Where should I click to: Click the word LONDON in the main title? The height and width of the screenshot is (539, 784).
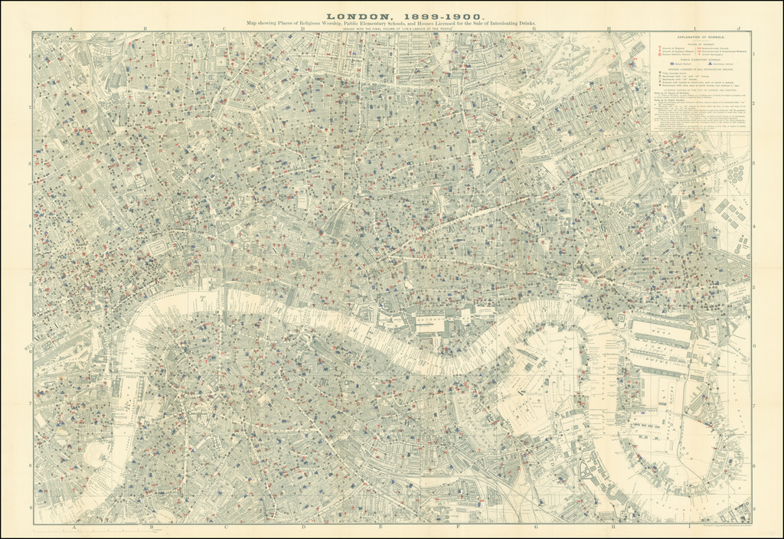[354, 15]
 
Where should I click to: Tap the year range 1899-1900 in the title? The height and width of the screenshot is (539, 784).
[434, 15]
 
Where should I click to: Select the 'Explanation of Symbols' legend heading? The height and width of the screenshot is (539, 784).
[701, 37]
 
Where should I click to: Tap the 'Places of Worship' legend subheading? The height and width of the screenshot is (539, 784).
[701, 43]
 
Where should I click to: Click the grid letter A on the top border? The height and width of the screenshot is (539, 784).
[71, 29]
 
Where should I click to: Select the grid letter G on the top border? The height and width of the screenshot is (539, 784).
[535, 29]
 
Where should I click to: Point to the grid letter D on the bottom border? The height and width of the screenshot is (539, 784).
[303, 527]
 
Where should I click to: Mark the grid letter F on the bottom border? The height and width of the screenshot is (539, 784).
[458, 527]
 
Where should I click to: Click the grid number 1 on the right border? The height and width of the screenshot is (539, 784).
[754, 55]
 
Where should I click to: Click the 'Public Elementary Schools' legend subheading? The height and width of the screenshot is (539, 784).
[701, 60]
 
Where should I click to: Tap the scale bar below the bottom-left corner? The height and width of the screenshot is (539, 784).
[92, 530]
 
